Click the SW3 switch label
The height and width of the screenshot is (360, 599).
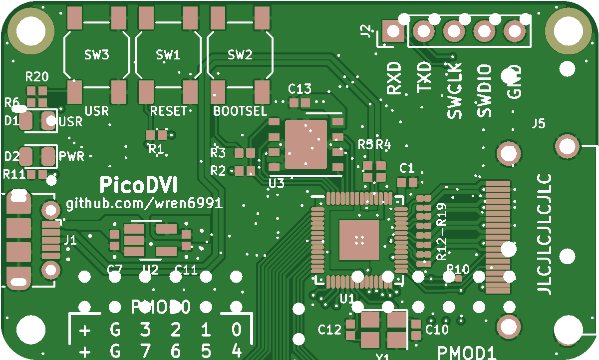click(x=97, y=54)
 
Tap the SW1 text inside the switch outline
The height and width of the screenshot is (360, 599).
click(x=168, y=54)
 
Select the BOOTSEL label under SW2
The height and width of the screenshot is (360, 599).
click(x=240, y=111)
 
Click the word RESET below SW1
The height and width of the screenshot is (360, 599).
click(x=169, y=111)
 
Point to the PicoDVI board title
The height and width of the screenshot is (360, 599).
click(x=138, y=184)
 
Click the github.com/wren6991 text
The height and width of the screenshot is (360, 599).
click(x=144, y=204)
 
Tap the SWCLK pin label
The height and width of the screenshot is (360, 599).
click(x=454, y=90)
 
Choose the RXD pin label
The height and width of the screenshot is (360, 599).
click(x=394, y=78)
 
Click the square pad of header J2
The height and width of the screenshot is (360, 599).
click(x=393, y=32)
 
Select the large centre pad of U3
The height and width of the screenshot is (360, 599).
click(x=306, y=144)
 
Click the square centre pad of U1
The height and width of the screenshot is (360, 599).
click(x=359, y=240)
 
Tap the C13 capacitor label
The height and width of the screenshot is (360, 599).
click(x=300, y=89)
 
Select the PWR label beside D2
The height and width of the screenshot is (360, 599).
click(x=71, y=156)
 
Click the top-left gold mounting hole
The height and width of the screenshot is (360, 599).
click(x=31, y=29)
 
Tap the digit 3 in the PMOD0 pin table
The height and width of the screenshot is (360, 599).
click(x=145, y=330)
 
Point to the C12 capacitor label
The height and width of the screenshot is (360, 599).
click(x=330, y=330)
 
